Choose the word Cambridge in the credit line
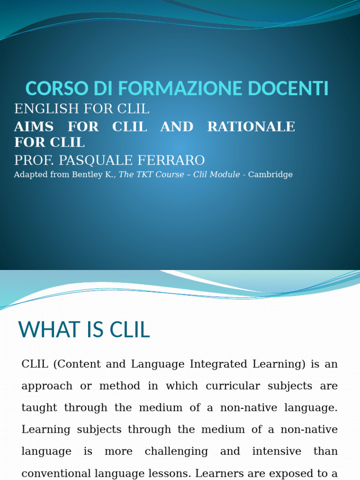[x=270, y=175]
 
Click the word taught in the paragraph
[x=40, y=408]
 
